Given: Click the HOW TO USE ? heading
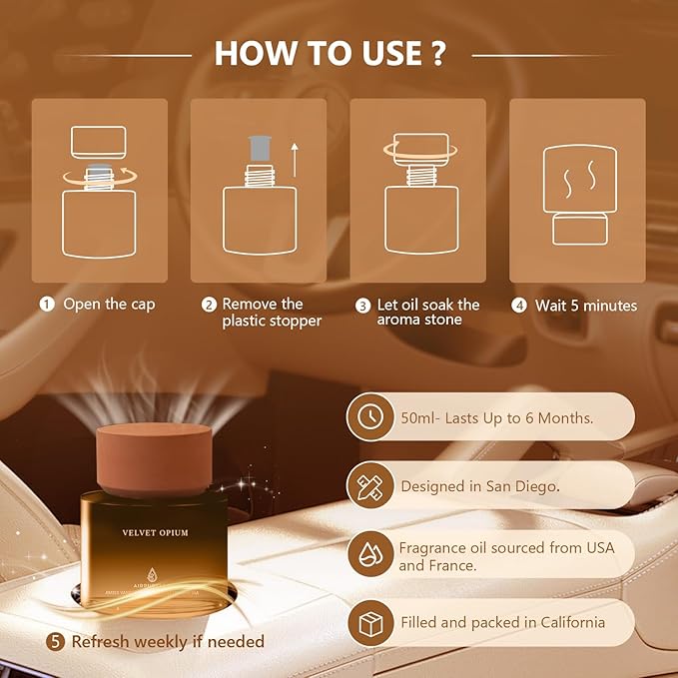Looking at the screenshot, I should pyautogui.click(x=330, y=54).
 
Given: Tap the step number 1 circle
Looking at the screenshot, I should pyautogui.click(x=46, y=305).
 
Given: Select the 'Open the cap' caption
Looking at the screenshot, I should pyautogui.click(x=109, y=305).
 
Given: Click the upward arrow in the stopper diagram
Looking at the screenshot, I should pyautogui.click(x=295, y=158).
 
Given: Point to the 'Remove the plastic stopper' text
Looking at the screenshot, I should pyautogui.click(x=271, y=313).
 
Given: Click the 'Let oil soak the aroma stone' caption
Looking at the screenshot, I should pyautogui.click(x=428, y=313).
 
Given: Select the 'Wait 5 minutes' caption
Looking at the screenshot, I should pyautogui.click(x=585, y=305).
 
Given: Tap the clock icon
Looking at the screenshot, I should pyautogui.click(x=370, y=417).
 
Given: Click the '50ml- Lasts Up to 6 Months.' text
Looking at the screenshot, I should pyautogui.click(x=496, y=418).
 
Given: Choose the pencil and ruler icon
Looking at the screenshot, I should pyautogui.click(x=370, y=486).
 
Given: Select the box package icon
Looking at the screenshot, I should pyautogui.click(x=370, y=623).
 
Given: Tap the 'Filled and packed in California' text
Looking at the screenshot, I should pyautogui.click(x=502, y=623).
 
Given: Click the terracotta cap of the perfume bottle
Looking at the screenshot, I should pyautogui.click(x=154, y=457).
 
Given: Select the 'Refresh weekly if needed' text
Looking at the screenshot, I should pyautogui.click(x=167, y=642).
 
